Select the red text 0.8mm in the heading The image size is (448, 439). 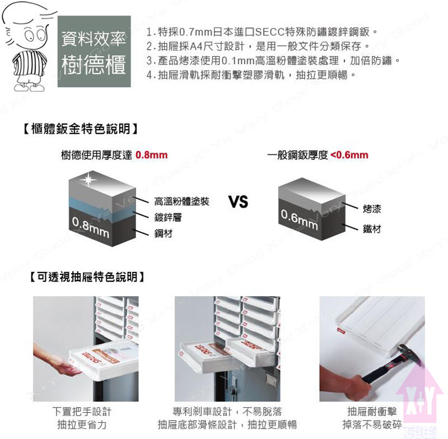click(152, 155)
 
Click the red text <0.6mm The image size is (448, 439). click(349, 155)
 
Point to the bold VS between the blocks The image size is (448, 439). click(239, 202)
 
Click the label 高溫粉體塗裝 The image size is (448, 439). click(181, 202)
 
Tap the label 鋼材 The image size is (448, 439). click(163, 232)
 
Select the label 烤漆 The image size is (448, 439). click(372, 209)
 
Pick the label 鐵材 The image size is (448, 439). click(372, 229)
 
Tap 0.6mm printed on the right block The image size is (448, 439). click(299, 219)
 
